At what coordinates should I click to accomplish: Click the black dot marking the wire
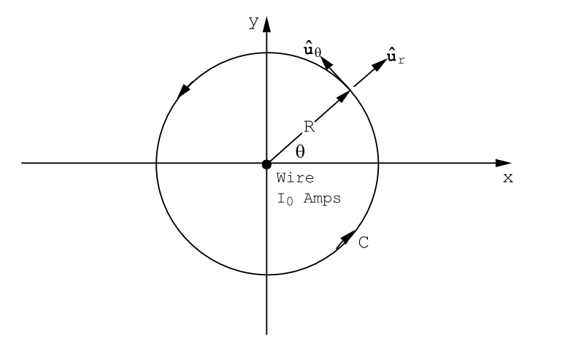(267, 163)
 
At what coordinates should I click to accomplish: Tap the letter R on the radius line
(309, 127)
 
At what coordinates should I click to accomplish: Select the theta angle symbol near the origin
(300, 151)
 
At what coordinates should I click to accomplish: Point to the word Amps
(322, 198)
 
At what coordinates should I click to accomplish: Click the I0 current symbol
(284, 198)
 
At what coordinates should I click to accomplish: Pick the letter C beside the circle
(364, 243)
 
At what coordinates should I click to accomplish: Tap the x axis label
(508, 178)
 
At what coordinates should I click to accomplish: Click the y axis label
(253, 23)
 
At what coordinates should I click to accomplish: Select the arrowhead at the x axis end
(503, 163)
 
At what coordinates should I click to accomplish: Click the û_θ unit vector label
(312, 50)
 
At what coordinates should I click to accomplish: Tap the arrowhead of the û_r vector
(380, 64)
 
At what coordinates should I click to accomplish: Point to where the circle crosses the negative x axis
(156, 163)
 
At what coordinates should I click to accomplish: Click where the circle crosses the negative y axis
(267, 275)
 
